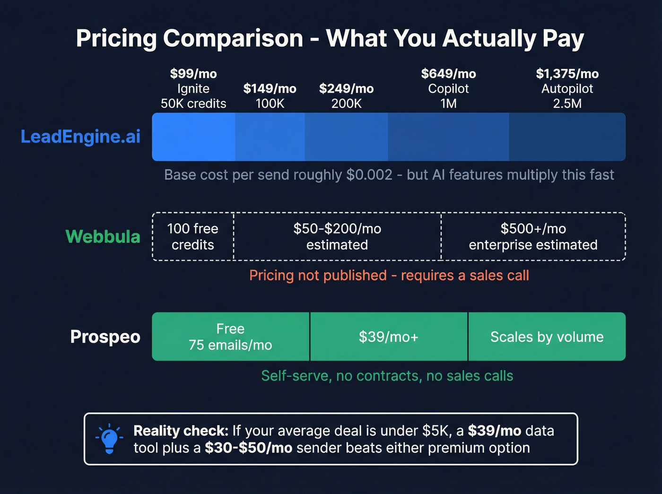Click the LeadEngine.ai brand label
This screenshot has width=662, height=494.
pos(80,137)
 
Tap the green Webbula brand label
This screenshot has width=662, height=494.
pos(103,236)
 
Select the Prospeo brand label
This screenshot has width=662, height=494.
pos(105,337)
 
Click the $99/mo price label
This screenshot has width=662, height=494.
pos(193,74)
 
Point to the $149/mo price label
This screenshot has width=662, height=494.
pos(270,88)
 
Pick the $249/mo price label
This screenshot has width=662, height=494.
pos(346,88)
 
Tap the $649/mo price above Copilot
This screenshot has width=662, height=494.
pos(448,74)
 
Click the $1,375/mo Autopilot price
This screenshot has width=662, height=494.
pos(567,74)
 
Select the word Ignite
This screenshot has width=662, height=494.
pos(193,89)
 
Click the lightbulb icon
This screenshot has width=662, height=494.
pos(109,439)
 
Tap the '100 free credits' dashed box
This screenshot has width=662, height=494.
pos(193,236)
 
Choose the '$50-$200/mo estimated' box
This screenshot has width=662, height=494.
pos(337,236)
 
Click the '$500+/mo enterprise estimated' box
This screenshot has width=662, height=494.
pos(533,236)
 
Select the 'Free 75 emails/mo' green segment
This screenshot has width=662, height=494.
pos(230,337)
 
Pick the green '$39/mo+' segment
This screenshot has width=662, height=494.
pos(388,337)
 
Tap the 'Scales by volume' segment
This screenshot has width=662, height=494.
pos(547,337)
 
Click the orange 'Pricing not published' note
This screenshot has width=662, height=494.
pos(389,275)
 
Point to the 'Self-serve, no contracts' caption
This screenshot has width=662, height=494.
pos(387,376)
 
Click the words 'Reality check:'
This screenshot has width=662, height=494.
pos(181,431)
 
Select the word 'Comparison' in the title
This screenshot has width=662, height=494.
pos(233,38)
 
